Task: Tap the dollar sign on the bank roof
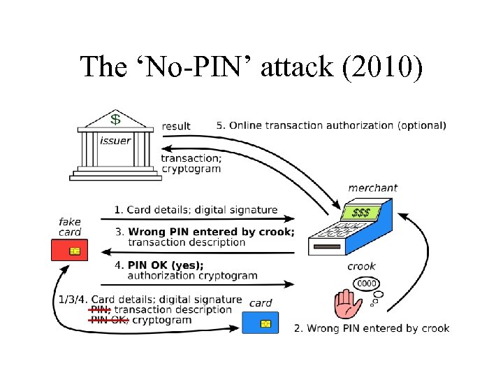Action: click(x=115, y=120)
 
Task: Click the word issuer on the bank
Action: click(x=115, y=141)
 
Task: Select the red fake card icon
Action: click(x=70, y=250)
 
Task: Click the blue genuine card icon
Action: click(x=260, y=323)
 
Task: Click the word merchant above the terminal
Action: click(x=372, y=188)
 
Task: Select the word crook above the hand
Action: click(x=361, y=266)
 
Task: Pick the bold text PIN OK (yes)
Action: click(x=166, y=265)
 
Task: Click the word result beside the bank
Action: click(x=176, y=126)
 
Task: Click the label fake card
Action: click(x=70, y=227)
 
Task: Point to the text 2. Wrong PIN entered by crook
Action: click(x=372, y=328)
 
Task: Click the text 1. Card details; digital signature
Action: click(x=196, y=210)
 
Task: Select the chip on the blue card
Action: click(x=265, y=323)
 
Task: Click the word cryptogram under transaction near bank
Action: click(x=191, y=168)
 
